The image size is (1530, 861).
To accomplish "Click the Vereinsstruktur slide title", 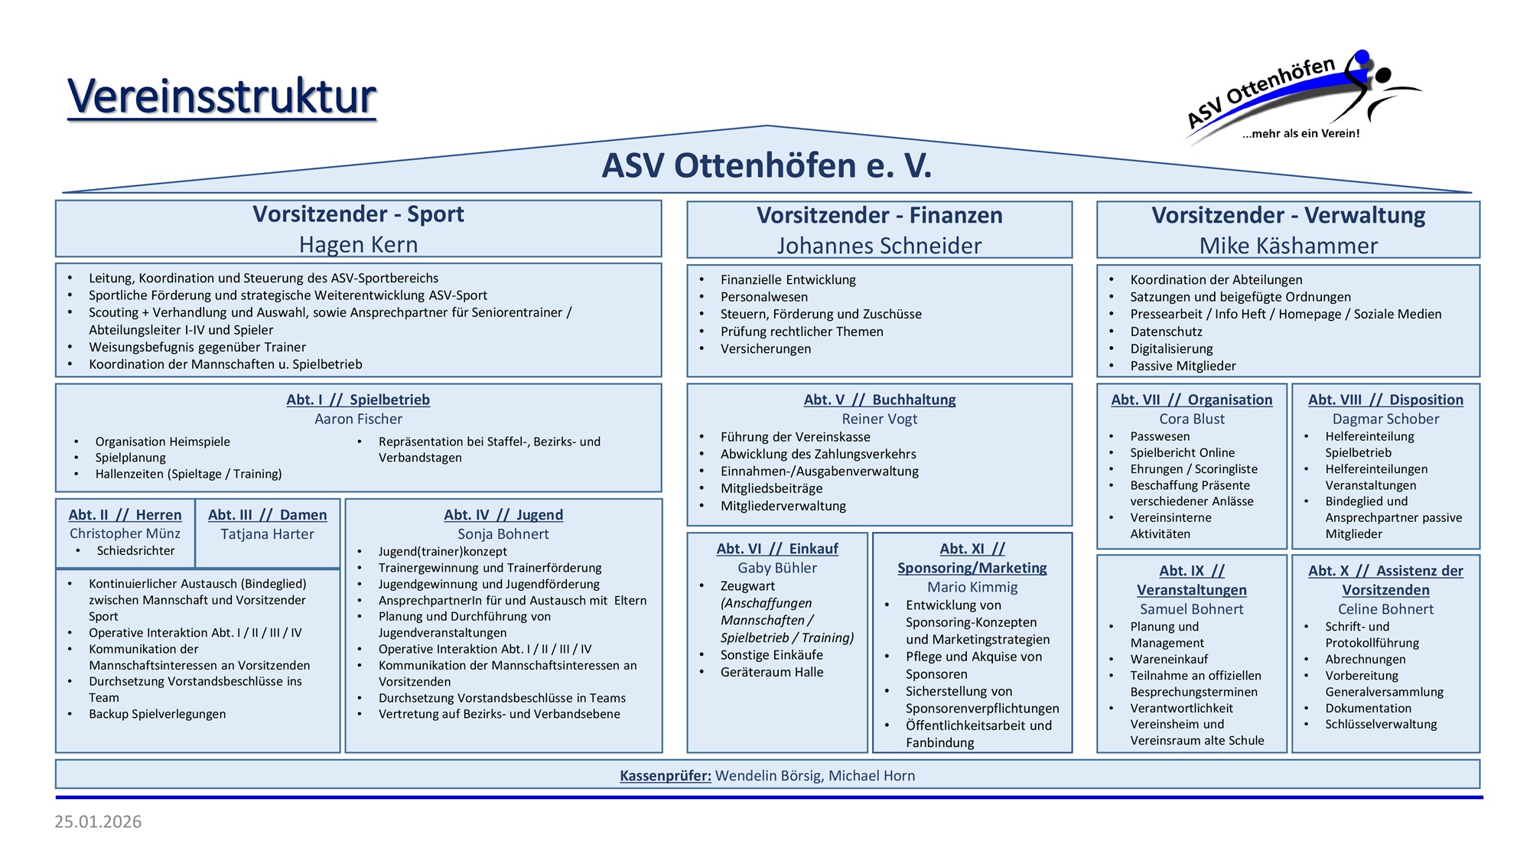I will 222,96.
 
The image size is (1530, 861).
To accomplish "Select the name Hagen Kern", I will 358,245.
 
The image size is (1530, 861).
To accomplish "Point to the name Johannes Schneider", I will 879,246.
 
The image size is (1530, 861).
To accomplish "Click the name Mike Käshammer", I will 1288,246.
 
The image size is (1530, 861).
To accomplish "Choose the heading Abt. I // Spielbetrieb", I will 358,400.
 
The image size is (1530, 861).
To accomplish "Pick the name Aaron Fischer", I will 358,419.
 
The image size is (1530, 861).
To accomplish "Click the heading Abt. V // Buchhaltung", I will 879,400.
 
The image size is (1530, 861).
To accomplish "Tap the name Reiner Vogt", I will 879,419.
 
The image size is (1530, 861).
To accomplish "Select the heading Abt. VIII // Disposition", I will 1385,400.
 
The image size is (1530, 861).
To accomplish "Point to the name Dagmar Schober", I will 1385,419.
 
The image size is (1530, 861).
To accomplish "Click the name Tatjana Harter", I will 267,534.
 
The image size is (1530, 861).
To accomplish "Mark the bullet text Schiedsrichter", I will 135,551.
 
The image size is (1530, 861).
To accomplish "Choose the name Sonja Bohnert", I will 503,534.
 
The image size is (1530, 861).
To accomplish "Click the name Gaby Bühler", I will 777,568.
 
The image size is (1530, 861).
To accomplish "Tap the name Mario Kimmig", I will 972,587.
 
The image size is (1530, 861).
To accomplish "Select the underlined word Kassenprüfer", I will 665,775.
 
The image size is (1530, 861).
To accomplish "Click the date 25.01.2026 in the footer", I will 98,822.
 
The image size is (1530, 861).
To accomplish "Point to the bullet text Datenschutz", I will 1166,331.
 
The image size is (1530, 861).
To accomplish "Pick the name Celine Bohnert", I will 1385,609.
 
